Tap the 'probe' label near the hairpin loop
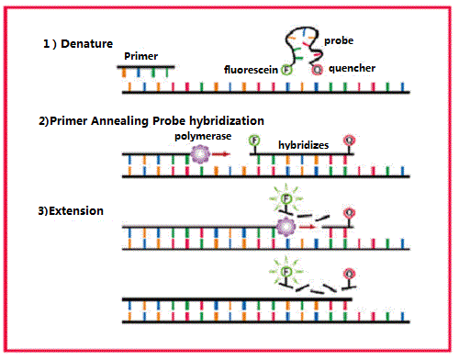(x=340, y=40)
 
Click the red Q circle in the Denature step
(x=318, y=68)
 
